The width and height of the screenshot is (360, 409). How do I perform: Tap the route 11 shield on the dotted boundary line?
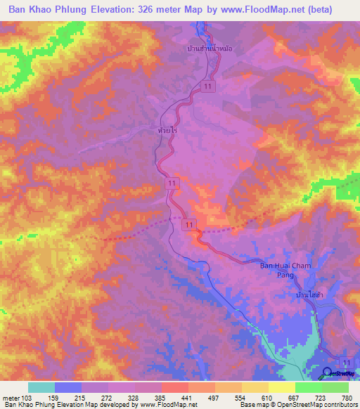188,224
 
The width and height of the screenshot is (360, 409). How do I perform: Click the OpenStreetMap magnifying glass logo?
328,372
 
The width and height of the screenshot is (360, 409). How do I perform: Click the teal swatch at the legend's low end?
41,387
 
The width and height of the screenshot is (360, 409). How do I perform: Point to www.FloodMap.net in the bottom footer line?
167,405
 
